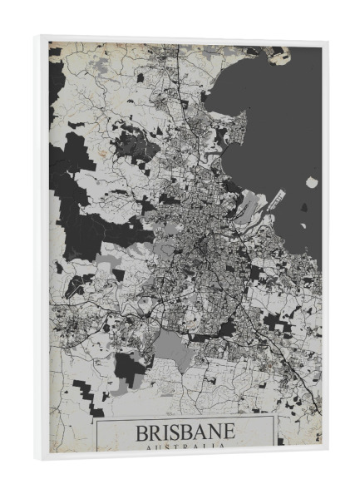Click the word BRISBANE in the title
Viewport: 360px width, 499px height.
click(185, 434)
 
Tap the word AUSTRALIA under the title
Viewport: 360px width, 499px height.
click(185, 448)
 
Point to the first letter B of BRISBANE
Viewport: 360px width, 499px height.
click(141, 434)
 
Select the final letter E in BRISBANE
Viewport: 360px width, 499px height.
click(228, 434)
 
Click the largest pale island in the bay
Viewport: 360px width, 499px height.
click(312, 182)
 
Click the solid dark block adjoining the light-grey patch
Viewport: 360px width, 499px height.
click(129, 368)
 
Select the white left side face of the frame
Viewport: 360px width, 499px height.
click(43, 249)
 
